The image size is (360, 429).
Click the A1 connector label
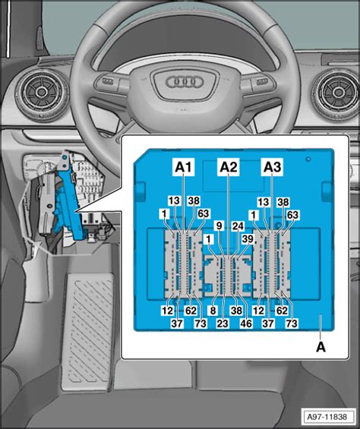pyautogui.click(x=185, y=166)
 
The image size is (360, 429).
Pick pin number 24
pyautogui.click(x=238, y=226)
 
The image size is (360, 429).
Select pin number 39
pyautogui.click(x=246, y=239)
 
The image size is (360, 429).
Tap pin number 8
pyautogui.click(x=214, y=310)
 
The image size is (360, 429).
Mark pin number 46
pyautogui.click(x=247, y=323)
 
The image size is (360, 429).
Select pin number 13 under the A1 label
pyautogui.click(x=174, y=201)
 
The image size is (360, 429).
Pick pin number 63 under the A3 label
pyautogui.click(x=292, y=214)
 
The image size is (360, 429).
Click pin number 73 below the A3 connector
pyautogui.click(x=289, y=323)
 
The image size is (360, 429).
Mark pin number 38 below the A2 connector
pyautogui.click(x=236, y=310)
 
